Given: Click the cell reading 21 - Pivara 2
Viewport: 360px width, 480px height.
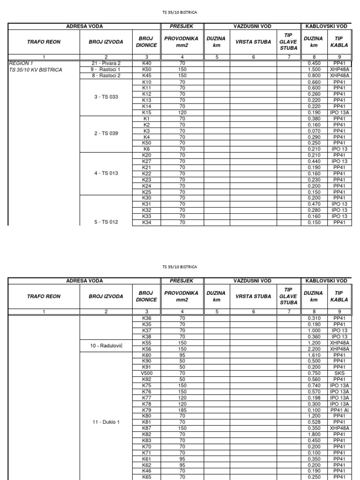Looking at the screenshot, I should coord(106,63).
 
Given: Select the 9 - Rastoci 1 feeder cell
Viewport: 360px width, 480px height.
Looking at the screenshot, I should coord(106,69).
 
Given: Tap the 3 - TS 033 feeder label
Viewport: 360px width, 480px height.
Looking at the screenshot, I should coord(106,97).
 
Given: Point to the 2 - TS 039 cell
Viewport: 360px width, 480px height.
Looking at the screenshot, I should coord(106,134).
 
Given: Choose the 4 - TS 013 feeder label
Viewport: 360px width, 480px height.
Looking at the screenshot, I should coord(106,173).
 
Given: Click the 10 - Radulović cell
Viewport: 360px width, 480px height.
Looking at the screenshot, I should coord(106,345).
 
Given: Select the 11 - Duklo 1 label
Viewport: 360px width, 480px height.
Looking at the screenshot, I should coord(106,422).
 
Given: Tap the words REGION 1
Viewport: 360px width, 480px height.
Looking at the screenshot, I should coord(21,63).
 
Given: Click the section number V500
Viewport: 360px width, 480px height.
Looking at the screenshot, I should coord(146,373).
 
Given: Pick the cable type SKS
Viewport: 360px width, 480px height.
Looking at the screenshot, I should coord(339,373).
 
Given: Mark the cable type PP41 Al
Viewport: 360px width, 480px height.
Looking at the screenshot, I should coord(339,410).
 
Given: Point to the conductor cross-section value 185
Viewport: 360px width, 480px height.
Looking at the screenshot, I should coord(182,410).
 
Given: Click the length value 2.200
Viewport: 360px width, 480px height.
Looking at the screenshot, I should coord(313,349).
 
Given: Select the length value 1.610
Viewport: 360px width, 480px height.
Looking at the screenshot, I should coord(313,355).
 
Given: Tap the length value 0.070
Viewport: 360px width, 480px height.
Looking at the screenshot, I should coord(313,131).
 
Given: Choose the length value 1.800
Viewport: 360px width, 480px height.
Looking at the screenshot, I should coord(313,434).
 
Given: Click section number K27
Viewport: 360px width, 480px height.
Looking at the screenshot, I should coord(146,161).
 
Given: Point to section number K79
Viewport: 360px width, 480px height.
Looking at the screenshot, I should coord(146,410).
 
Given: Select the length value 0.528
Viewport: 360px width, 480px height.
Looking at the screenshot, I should coord(313,422).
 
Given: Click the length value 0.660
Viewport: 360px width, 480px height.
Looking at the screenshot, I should coord(313,82).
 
